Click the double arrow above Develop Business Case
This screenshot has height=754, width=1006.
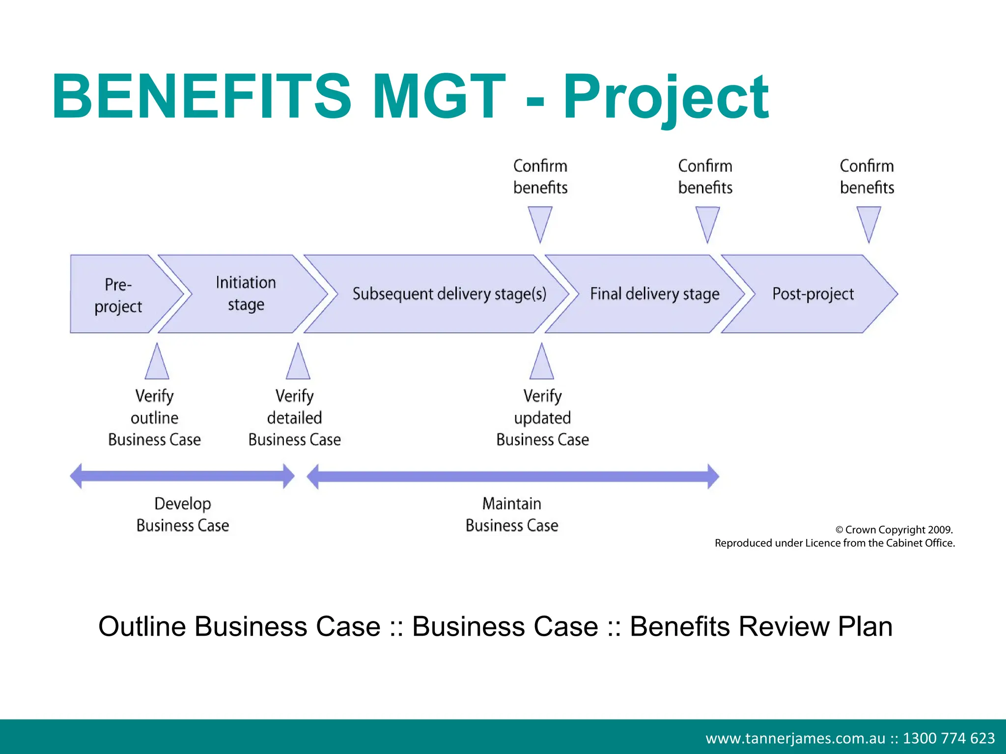pyautogui.click(x=182, y=476)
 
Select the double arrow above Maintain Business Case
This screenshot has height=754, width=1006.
pyautogui.click(x=512, y=476)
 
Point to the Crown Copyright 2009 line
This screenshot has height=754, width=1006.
pyautogui.click(x=894, y=530)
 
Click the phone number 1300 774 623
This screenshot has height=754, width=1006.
pyautogui.click(x=949, y=738)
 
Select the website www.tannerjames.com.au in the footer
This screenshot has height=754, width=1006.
pyautogui.click(x=795, y=738)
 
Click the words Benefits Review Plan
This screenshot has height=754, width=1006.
pyautogui.click(x=761, y=626)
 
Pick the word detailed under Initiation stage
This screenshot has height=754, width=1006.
pyautogui.click(x=294, y=418)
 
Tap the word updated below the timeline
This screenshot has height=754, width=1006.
pyautogui.click(x=542, y=418)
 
